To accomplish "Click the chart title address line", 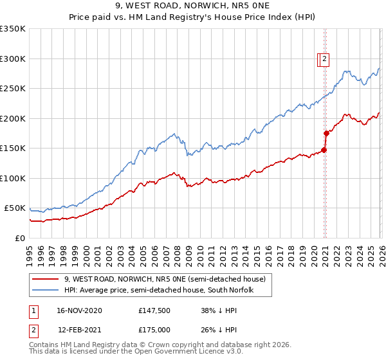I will point(193,6).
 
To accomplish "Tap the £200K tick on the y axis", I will point(13,118).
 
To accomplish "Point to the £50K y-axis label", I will point(15,208).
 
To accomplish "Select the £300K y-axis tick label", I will point(13,59).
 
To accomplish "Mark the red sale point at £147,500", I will point(324,150).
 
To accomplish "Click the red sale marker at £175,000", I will point(326,134).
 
